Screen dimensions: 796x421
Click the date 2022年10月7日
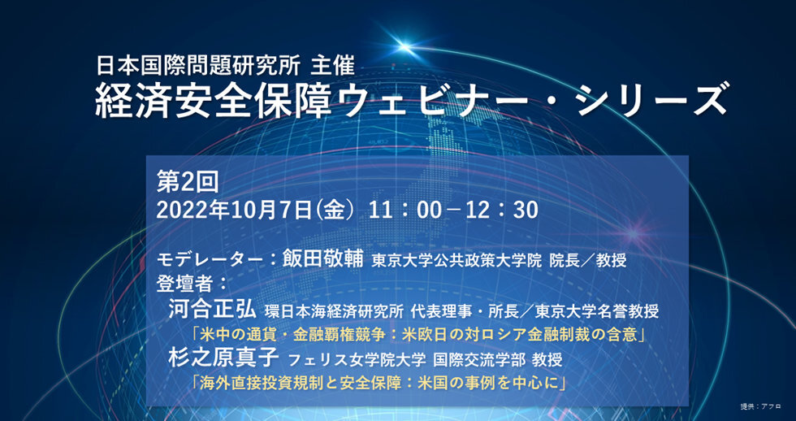(x=234, y=210)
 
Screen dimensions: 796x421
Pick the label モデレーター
(x=210, y=261)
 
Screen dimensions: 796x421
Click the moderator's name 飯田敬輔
(x=322, y=261)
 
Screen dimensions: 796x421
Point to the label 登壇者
(x=183, y=284)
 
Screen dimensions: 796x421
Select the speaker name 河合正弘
(x=213, y=310)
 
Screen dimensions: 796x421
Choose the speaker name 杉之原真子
(x=223, y=359)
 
